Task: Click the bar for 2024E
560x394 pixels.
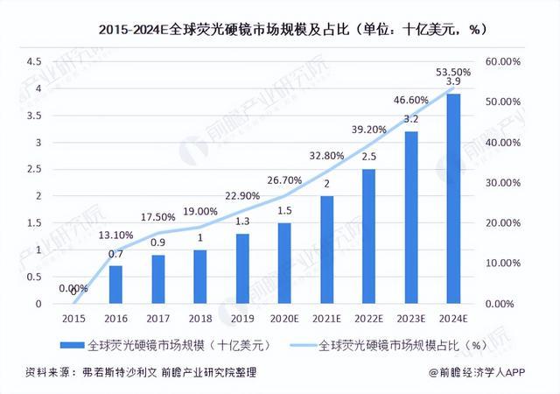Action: coord(453,199)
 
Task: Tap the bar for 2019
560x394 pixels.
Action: coord(242,269)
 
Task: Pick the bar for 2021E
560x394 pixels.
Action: coord(326,250)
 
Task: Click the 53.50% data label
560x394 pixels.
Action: coord(453,72)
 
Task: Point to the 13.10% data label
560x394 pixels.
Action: coord(115,236)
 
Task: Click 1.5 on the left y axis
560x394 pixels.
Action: coord(34,223)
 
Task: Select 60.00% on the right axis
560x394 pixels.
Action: coord(503,62)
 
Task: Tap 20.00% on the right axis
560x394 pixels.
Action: coord(503,223)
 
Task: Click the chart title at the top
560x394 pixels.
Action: coord(280,28)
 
